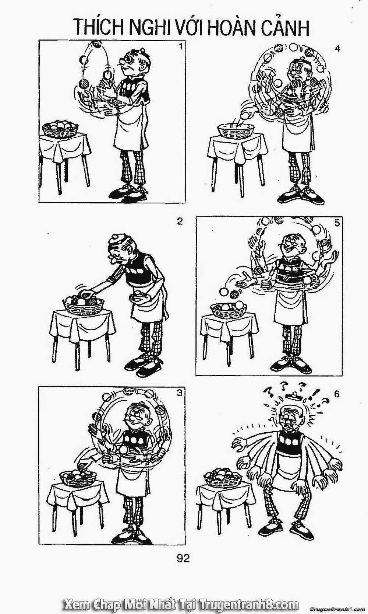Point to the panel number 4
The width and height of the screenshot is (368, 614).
pos(337,49)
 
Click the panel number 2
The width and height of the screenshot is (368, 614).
pos(180,221)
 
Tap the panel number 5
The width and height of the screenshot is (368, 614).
pos(337,223)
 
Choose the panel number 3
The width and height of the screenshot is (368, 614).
pos(180,393)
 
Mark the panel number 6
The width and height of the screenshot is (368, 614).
pos(336,394)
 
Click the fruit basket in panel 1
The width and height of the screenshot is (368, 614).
pos(60,129)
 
